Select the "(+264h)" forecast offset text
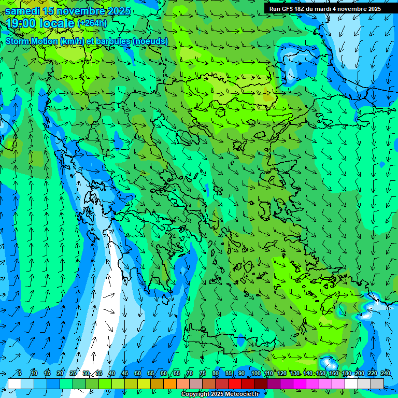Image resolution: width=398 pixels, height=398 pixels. coord(92,23)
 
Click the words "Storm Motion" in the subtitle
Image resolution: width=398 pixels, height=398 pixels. coord(32,41)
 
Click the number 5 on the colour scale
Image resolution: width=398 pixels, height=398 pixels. coord(19,374)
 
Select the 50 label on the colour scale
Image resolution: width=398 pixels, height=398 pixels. coord(138,374)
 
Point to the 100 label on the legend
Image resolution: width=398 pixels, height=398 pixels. coord(255,374)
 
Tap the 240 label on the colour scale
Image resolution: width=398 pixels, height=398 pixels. coord(385,374)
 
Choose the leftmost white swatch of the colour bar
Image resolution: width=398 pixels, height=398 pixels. coord(15,383)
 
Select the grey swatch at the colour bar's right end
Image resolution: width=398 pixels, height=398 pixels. coord(377,383)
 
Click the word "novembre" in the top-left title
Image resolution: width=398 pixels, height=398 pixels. coord(78,11)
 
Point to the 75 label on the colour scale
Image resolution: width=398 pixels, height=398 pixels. coord(202,374)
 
